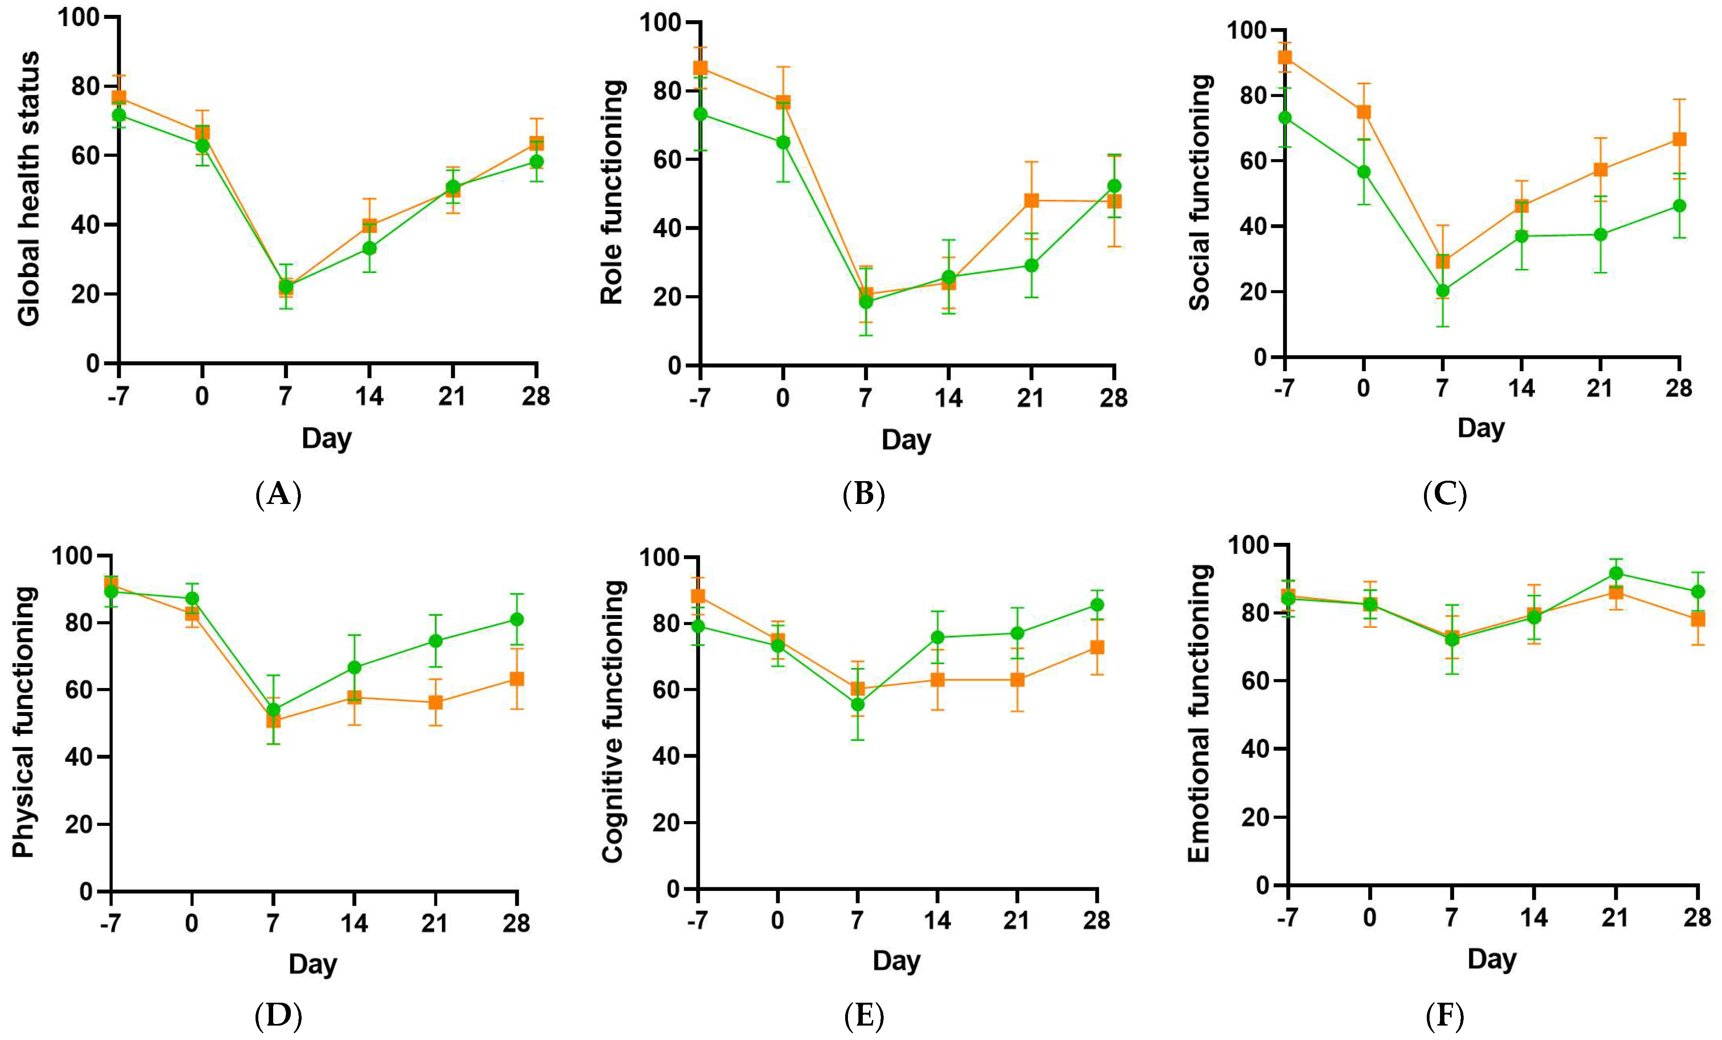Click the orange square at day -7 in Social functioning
click(1284, 57)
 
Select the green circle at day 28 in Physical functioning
click(517, 619)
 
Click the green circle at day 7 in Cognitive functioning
click(858, 704)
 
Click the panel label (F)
click(1444, 1016)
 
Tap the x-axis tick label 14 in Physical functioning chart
click(354, 923)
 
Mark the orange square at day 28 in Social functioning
click(1679, 139)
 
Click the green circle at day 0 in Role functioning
click(783, 142)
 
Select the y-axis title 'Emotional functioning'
click(1199, 714)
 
